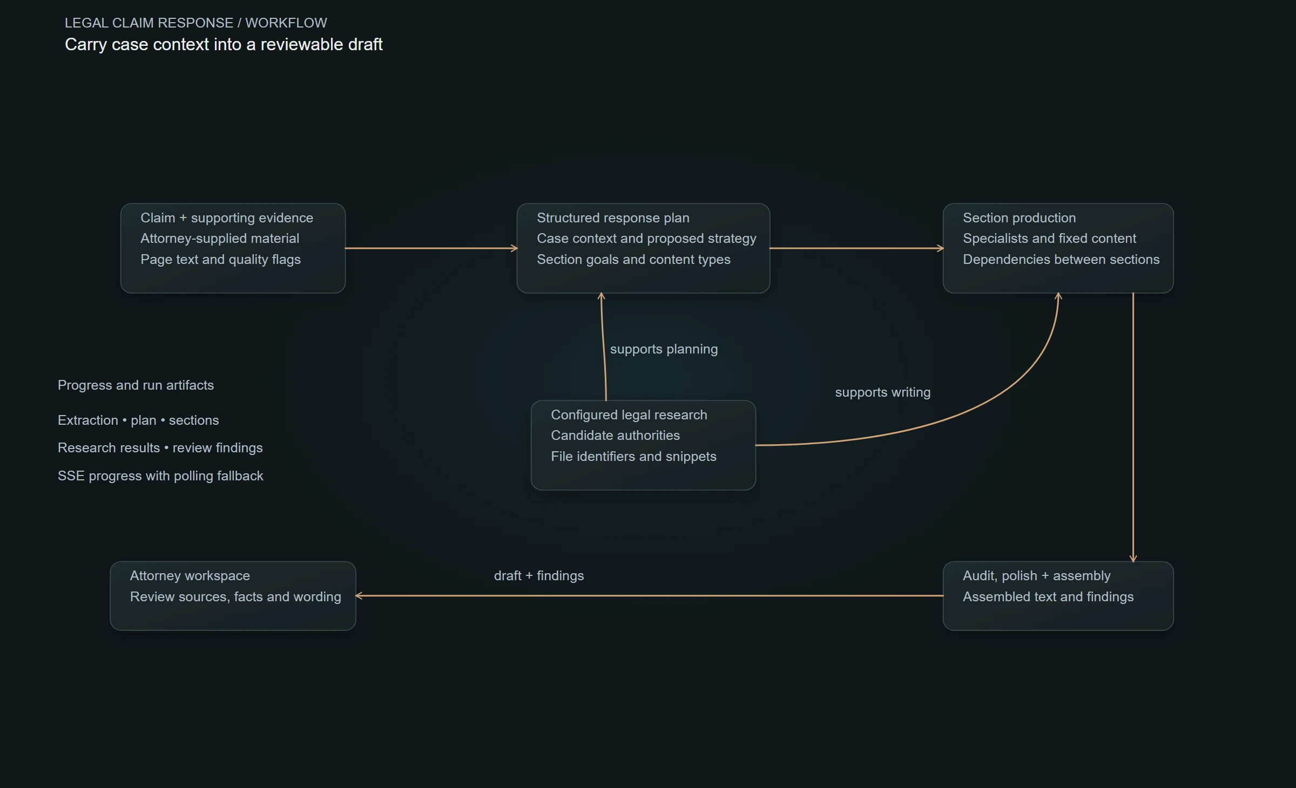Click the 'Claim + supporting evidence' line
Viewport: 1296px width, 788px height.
pos(227,218)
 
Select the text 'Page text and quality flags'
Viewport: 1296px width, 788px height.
pos(220,260)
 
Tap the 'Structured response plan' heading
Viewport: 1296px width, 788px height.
pos(613,218)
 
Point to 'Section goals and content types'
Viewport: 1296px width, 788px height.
pos(633,260)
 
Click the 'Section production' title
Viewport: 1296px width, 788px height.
pos(1019,218)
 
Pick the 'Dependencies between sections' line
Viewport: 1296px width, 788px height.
pos(1061,260)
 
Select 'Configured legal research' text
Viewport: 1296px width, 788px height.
pos(629,415)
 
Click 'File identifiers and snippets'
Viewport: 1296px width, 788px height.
pos(633,457)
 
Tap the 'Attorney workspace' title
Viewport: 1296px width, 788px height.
pos(190,576)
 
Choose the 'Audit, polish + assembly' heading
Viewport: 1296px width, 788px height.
pos(1036,576)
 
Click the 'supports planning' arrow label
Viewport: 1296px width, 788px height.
pos(664,349)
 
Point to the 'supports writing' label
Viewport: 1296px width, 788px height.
pos(882,392)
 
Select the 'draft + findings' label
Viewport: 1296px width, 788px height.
pos(539,576)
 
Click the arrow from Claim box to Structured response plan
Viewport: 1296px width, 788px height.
pos(431,248)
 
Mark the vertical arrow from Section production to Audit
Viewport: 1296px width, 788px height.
pos(1133,427)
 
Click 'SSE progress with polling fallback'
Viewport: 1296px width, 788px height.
pos(160,476)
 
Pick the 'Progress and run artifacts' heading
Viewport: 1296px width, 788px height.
pos(136,385)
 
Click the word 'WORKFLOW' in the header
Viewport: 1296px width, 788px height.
pos(286,23)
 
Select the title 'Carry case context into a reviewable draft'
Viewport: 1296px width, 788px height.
pos(224,45)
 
